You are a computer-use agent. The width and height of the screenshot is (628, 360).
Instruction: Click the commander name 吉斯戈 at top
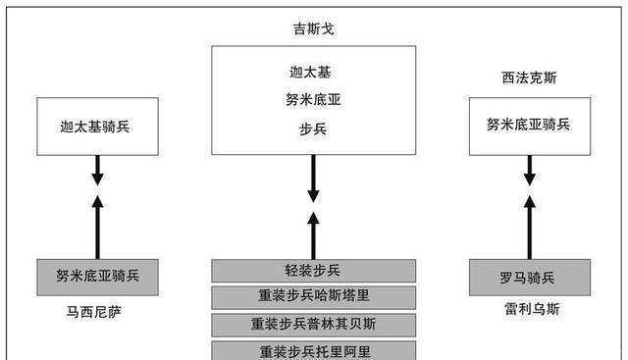point(314,29)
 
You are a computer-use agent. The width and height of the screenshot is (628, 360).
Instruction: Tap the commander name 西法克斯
point(529,77)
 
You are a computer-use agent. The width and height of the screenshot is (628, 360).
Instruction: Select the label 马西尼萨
point(95,312)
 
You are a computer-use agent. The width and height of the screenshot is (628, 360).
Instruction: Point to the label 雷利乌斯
point(529,309)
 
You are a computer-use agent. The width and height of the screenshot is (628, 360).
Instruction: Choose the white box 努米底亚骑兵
point(529,125)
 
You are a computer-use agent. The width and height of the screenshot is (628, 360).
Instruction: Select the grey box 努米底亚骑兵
point(96,276)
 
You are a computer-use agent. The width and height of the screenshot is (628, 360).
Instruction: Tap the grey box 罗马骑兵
point(529,277)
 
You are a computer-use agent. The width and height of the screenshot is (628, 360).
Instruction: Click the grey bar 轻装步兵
point(314,271)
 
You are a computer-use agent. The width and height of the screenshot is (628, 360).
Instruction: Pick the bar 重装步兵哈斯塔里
point(314,297)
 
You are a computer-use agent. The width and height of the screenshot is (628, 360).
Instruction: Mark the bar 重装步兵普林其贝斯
point(314,325)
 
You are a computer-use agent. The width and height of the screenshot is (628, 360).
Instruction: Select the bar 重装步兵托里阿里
point(314,349)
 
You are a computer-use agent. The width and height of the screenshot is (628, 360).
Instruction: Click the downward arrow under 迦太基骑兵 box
point(96,172)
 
